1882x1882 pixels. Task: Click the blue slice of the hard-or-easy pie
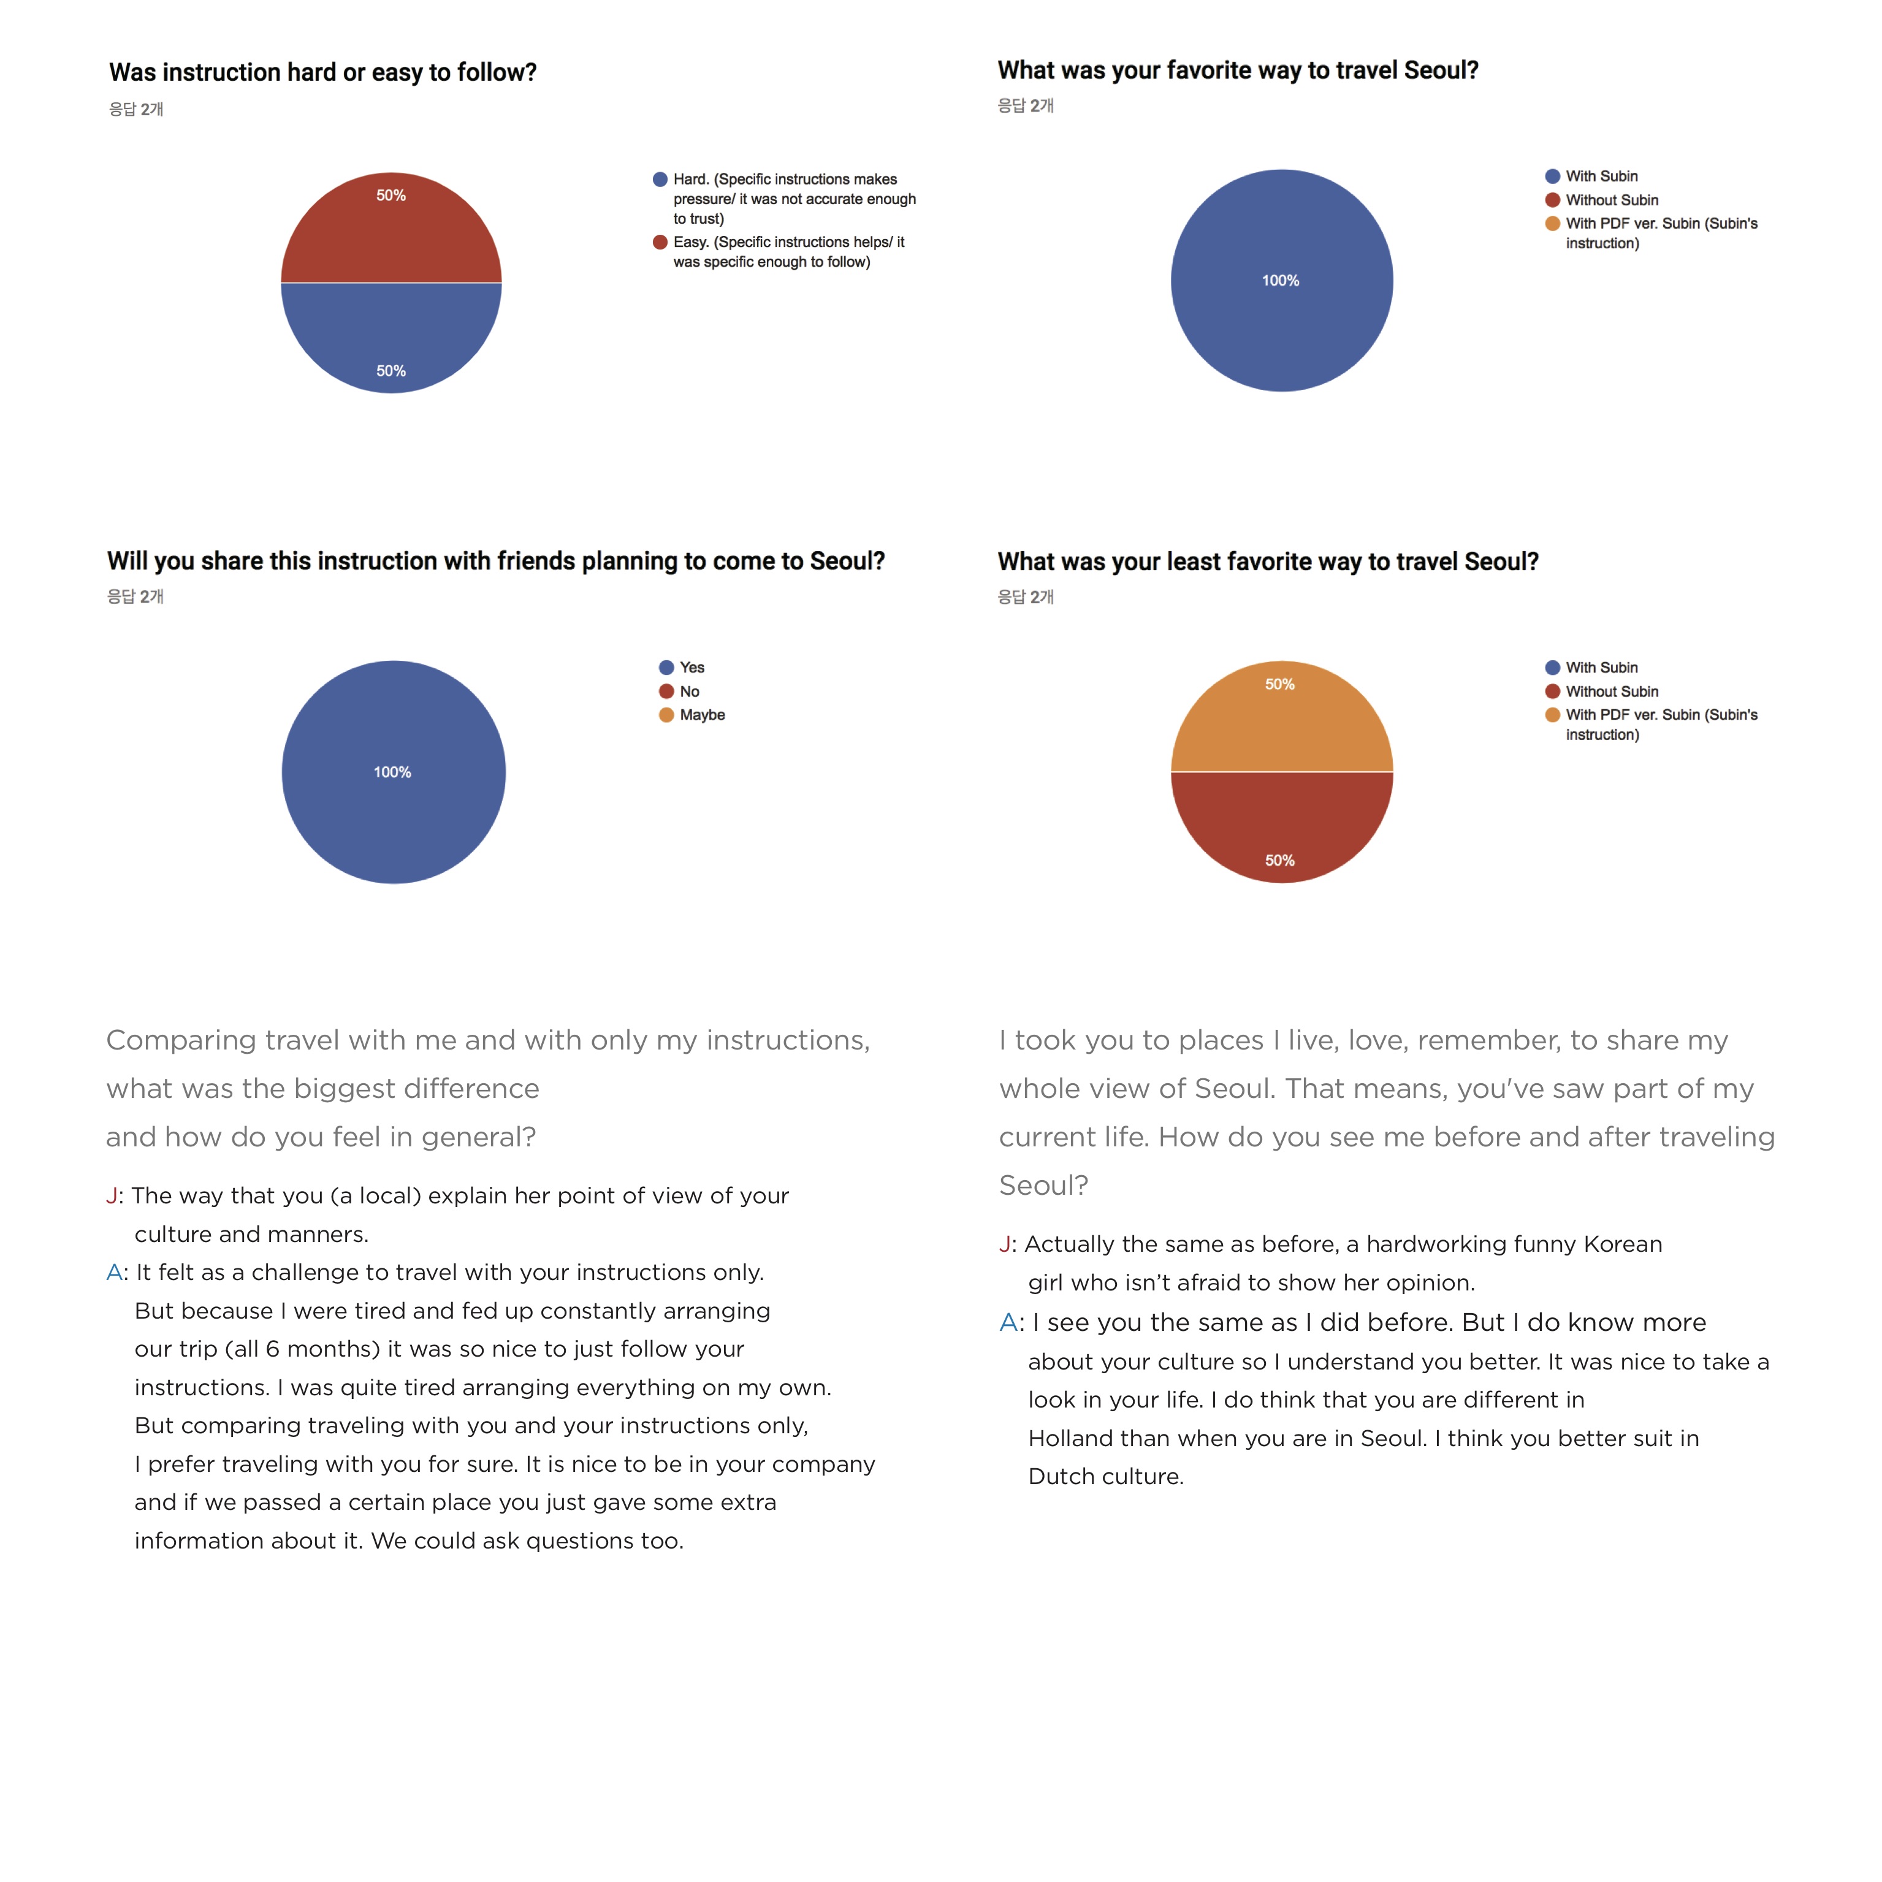pyautogui.click(x=390, y=336)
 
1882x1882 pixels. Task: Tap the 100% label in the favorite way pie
pyautogui.click(x=1280, y=281)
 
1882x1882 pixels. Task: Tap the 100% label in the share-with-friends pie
pyautogui.click(x=392, y=772)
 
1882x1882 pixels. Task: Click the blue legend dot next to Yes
pyautogui.click(x=666, y=667)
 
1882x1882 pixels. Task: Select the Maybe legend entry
pyautogui.click(x=701, y=715)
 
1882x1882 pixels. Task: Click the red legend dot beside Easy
pyautogui.click(x=660, y=243)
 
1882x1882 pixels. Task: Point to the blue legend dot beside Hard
pyautogui.click(x=660, y=179)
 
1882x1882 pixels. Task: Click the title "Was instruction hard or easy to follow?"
pyautogui.click(x=322, y=73)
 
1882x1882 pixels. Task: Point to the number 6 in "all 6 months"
pyautogui.click(x=273, y=1349)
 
